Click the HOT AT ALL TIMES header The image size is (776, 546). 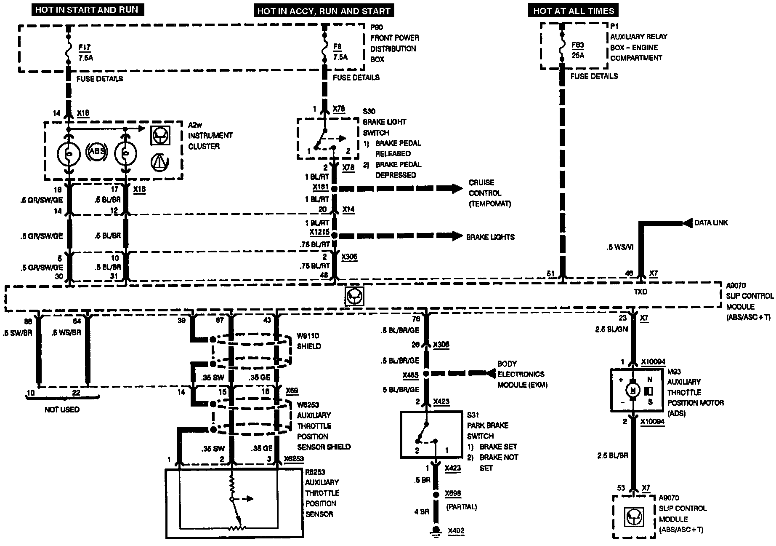[573, 11]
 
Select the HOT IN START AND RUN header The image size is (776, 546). [87, 10]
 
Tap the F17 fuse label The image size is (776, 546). [84, 48]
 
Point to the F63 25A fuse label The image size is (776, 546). [578, 50]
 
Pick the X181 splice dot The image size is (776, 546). [335, 189]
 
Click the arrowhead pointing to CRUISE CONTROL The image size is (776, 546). [457, 189]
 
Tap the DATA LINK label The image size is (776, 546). [711, 223]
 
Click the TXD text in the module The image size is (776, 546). [640, 292]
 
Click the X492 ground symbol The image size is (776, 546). [436, 530]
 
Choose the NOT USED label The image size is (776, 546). [62, 409]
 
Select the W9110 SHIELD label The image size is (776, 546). [308, 341]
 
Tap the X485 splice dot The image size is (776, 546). [426, 374]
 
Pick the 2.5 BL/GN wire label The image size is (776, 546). [611, 329]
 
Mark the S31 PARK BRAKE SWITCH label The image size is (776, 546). [487, 426]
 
